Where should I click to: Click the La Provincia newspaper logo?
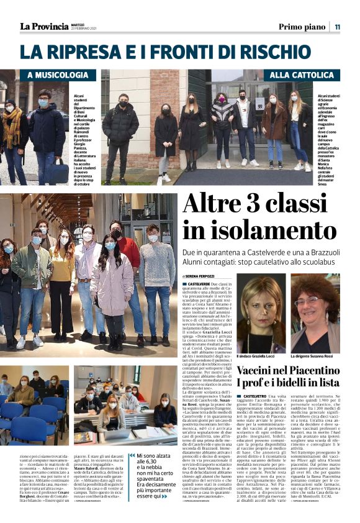click(45, 27)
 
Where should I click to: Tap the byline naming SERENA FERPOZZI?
click(207, 275)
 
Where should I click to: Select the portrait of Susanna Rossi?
click(315, 322)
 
